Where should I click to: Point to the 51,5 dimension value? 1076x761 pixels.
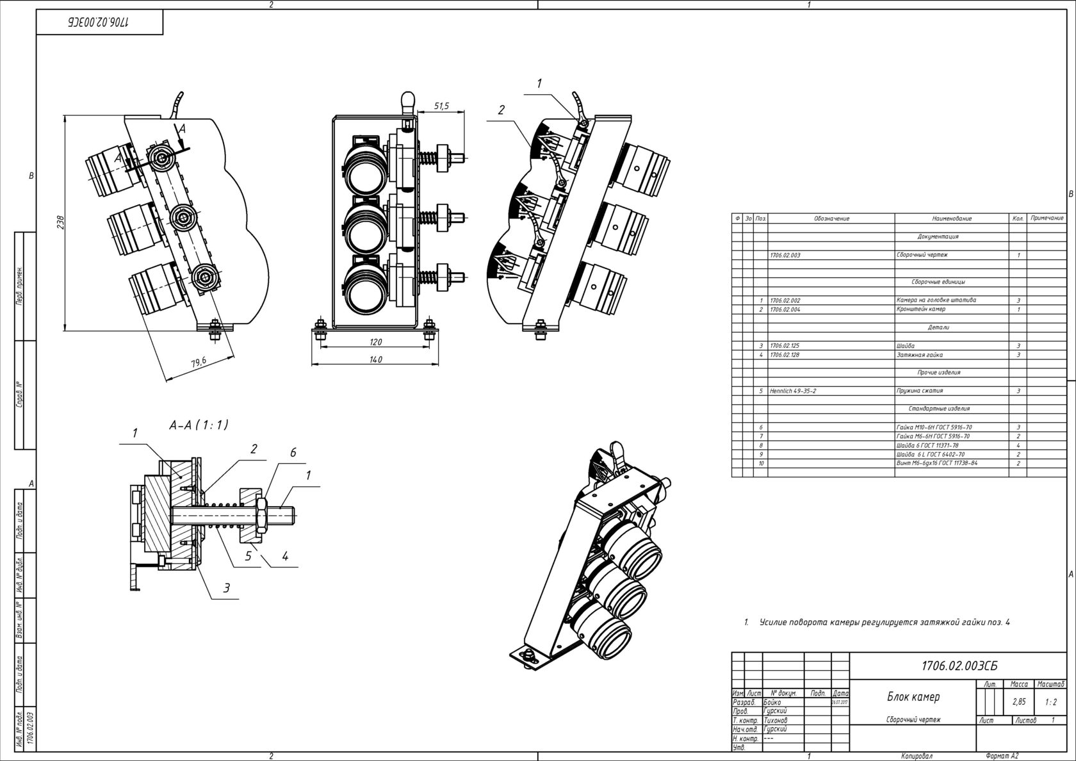(x=441, y=106)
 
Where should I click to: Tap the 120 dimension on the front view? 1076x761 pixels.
(x=376, y=343)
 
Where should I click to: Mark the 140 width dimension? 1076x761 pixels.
(x=376, y=360)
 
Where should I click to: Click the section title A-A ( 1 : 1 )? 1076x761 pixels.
(x=199, y=425)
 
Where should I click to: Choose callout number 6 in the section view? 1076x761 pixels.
(x=293, y=453)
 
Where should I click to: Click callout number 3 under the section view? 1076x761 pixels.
(x=226, y=588)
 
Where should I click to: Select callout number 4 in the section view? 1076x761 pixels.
(x=285, y=557)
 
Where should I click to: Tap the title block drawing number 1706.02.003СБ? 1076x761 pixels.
(x=959, y=666)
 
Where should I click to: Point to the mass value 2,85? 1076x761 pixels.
(x=1019, y=702)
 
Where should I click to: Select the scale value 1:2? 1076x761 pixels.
(x=1050, y=702)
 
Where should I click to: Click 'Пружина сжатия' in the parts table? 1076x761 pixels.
(x=920, y=391)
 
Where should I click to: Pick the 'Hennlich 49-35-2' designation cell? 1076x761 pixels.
(x=793, y=391)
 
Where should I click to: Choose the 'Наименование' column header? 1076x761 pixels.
(x=952, y=218)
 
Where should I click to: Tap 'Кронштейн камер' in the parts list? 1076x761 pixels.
(x=921, y=309)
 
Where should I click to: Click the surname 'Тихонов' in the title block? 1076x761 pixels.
(x=777, y=720)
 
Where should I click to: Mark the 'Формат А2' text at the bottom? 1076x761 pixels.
(x=1002, y=757)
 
